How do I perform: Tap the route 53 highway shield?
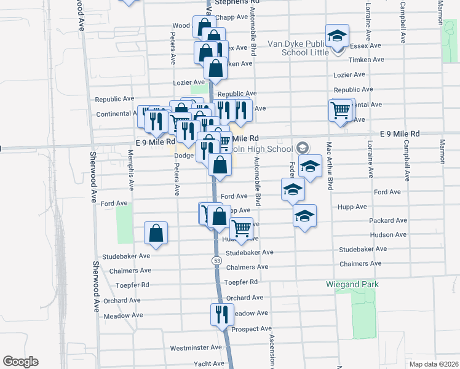217,261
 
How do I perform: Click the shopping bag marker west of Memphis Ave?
156,233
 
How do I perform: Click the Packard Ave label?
388,220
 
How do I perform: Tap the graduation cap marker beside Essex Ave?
337,36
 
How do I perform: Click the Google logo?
20,362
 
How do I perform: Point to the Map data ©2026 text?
434,364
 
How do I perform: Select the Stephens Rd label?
234,2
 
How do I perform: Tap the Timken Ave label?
366,60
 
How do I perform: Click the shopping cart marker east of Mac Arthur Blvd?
340,111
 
